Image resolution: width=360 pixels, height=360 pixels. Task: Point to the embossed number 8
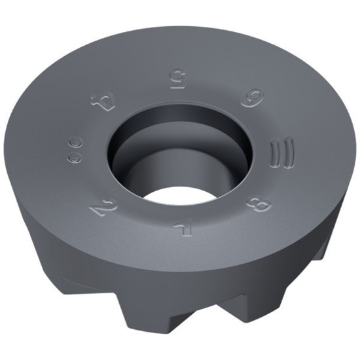[255, 204]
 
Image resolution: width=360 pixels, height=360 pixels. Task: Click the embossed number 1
[179, 228]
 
